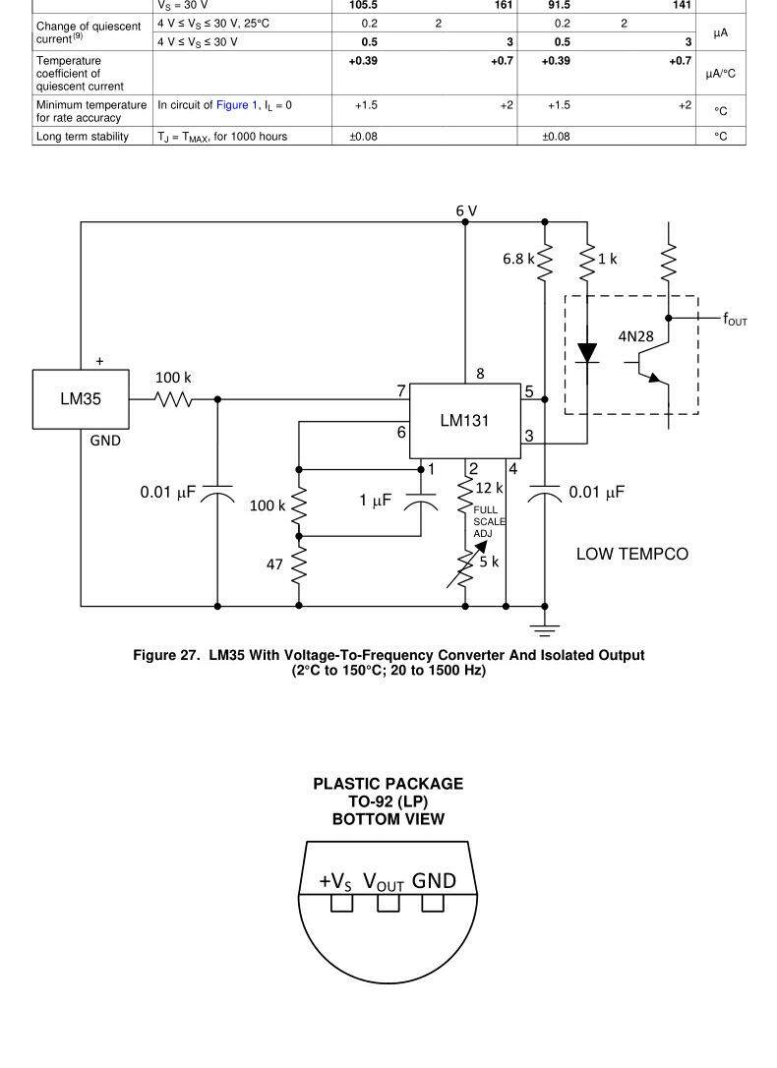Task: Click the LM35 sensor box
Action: click(81, 399)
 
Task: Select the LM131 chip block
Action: click(464, 420)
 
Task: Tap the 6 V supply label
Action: click(466, 211)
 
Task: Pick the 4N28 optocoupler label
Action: click(635, 336)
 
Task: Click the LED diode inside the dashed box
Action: click(587, 353)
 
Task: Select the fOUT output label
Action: click(735, 319)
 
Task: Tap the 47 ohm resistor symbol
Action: click(299, 565)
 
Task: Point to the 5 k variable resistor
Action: click(465, 566)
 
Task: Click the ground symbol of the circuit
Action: click(545, 628)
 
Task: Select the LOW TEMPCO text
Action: click(632, 555)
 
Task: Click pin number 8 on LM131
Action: click(480, 374)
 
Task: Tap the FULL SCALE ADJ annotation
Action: click(489, 522)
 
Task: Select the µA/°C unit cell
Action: click(721, 73)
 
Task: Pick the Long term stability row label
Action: click(83, 137)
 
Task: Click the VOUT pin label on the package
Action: click(384, 881)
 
